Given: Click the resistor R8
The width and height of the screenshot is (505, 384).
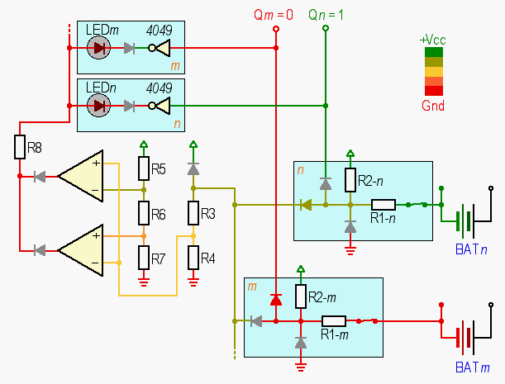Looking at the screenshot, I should (x=20, y=147).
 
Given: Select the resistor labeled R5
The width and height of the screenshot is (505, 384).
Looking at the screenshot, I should (x=144, y=169).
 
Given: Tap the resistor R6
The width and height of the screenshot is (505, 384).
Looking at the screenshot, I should (x=144, y=215).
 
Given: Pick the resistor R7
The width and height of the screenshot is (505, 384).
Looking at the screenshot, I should (x=144, y=258).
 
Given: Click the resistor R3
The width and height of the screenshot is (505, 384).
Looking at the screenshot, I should (x=193, y=214).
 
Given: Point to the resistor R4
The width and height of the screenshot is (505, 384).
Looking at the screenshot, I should (x=193, y=258).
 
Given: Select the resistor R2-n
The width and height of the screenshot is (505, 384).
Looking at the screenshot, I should (x=350, y=180).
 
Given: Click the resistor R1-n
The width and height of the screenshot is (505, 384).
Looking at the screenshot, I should (x=384, y=205).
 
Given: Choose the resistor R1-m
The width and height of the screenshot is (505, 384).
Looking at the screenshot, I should (x=333, y=320).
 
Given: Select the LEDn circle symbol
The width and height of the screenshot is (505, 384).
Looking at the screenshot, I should (x=100, y=106).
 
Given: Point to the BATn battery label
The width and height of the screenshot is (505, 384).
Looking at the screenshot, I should (x=471, y=249).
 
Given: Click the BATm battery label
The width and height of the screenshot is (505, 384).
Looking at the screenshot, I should (x=471, y=365).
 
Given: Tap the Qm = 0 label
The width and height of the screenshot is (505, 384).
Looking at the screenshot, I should (x=274, y=15).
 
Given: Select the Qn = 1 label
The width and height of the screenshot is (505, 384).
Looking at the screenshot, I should (x=326, y=15).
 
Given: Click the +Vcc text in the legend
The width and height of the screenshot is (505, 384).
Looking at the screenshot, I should (x=433, y=40).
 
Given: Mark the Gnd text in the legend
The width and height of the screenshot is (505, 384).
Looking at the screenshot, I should (x=433, y=106).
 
